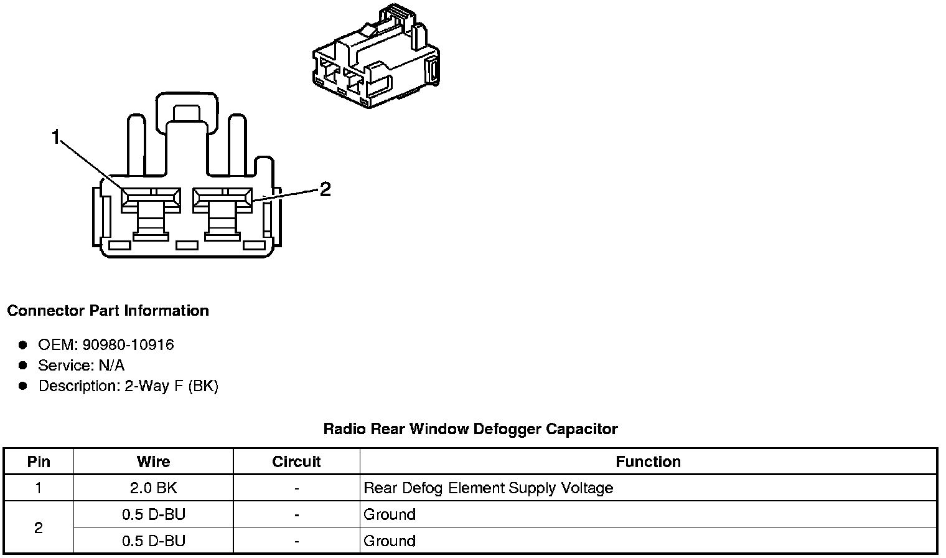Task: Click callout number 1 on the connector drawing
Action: tap(56, 136)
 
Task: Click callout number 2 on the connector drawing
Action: tap(325, 189)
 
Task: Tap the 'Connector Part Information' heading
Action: tap(108, 310)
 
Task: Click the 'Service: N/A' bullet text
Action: tap(81, 365)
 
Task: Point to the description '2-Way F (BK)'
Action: tap(171, 386)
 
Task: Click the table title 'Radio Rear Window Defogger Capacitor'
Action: tap(470, 428)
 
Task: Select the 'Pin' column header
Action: tap(39, 461)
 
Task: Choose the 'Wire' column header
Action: tap(153, 461)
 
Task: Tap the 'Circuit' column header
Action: tap(296, 461)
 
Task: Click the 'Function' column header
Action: tap(648, 461)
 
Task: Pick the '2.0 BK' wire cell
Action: tap(153, 488)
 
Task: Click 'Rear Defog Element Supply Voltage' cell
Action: tap(488, 488)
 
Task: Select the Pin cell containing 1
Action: tap(39, 488)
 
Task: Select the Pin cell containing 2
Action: tap(39, 527)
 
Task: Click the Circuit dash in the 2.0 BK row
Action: tap(296, 488)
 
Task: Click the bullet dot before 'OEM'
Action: tap(23, 344)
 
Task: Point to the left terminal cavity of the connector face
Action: tap(151, 199)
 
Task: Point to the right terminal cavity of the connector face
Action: tap(223, 199)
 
